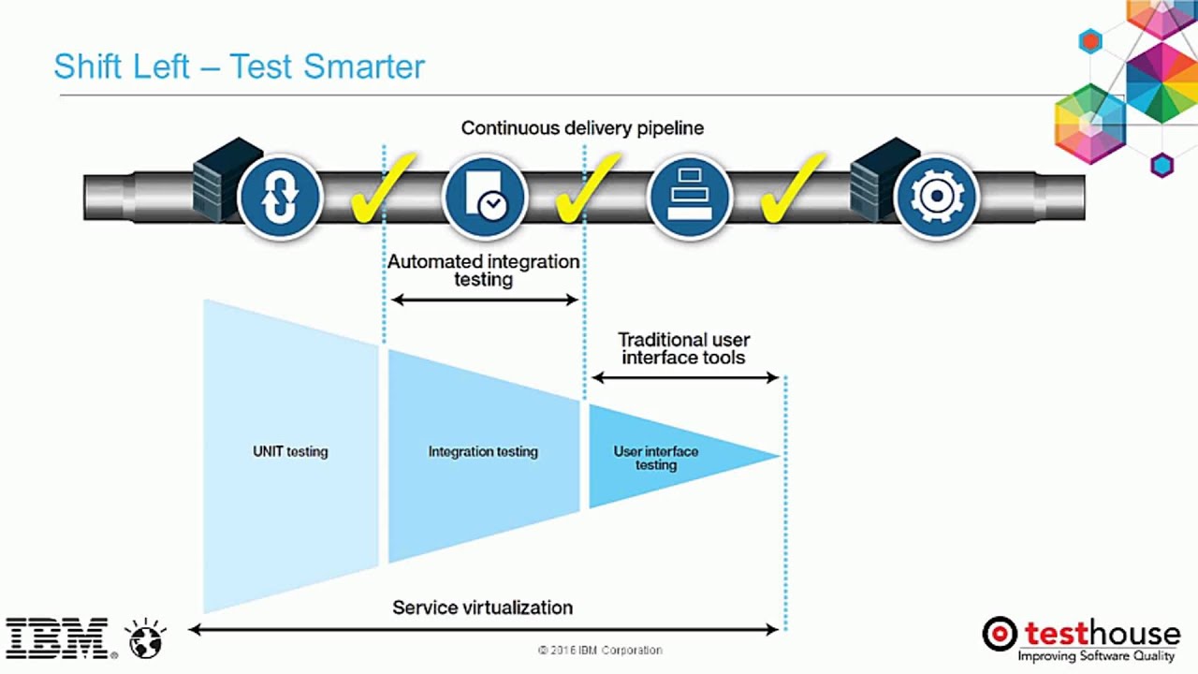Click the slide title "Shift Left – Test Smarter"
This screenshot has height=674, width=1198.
(x=240, y=66)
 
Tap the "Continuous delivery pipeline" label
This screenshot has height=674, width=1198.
(x=582, y=128)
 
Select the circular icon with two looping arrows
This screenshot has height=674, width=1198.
(x=280, y=198)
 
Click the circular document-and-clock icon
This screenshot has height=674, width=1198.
(x=485, y=198)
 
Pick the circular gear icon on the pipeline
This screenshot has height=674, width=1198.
(x=936, y=198)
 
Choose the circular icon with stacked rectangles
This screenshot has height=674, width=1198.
(x=690, y=198)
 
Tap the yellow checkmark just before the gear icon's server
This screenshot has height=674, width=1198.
(x=792, y=190)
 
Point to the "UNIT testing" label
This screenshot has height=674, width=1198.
(x=290, y=451)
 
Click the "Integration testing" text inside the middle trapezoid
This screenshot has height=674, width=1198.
(x=483, y=451)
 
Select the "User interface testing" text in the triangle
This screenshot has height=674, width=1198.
(x=656, y=458)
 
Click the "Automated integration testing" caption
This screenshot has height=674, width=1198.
(x=484, y=271)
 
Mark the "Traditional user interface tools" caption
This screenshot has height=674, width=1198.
(x=684, y=348)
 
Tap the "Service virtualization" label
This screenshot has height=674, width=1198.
(x=482, y=608)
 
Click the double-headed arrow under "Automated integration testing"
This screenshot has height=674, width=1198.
(x=485, y=300)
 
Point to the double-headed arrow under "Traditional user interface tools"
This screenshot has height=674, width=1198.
(x=685, y=377)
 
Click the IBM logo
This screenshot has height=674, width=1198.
(x=57, y=638)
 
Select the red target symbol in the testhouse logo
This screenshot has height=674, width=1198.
(x=1000, y=634)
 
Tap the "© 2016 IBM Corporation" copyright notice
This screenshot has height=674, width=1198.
(x=600, y=650)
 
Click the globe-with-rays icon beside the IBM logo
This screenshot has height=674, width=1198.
(x=147, y=638)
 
